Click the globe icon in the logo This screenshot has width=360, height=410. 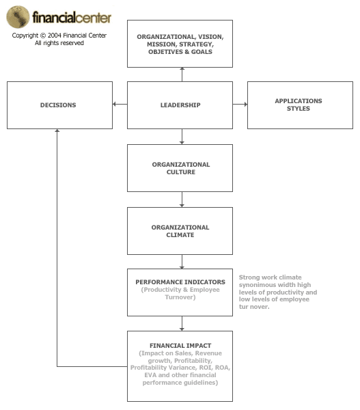(x=18, y=17)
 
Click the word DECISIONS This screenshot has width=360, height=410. (x=58, y=105)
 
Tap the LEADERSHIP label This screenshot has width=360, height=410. (x=180, y=105)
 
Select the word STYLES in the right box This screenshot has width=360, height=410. (x=299, y=109)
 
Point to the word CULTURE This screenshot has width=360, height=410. (x=181, y=172)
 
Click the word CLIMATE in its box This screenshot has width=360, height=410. (x=180, y=235)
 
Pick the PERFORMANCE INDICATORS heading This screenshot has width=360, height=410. (x=180, y=282)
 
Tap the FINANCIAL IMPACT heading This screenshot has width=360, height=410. (x=180, y=346)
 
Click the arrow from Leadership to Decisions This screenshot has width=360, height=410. (x=120, y=104)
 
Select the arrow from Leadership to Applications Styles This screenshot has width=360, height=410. (x=240, y=104)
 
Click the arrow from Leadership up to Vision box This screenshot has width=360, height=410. (x=182, y=74)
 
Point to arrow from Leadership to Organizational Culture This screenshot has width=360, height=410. (x=182, y=137)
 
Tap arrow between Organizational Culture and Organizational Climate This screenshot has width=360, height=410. (x=182, y=200)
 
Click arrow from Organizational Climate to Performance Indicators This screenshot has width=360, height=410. (x=182, y=262)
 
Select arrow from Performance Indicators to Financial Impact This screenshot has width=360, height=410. (x=182, y=324)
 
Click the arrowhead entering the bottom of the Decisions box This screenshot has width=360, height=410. (x=57, y=131)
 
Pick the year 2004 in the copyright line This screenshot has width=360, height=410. (x=55, y=36)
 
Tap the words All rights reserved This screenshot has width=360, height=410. (x=59, y=43)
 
